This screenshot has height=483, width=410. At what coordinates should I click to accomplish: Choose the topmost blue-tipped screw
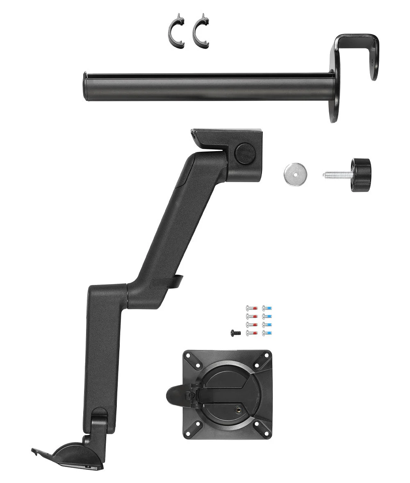coord(267,308)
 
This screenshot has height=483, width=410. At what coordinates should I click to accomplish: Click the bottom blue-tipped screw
coord(267,333)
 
